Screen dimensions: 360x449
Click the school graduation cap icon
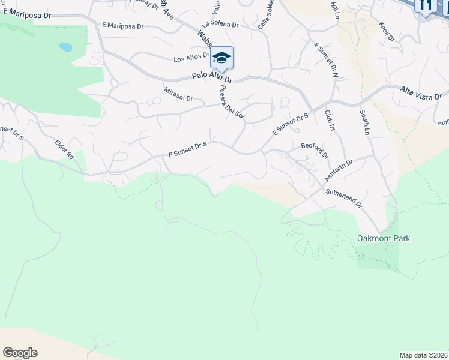click(x=221, y=58)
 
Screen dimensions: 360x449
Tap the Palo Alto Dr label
click(x=212, y=77)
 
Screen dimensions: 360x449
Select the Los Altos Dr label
click(x=191, y=59)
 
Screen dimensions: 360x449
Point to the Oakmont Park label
click(x=384, y=239)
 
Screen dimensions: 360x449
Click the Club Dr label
click(x=329, y=119)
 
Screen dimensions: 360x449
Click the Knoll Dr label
click(x=386, y=32)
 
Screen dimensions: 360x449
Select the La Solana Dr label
click(x=220, y=25)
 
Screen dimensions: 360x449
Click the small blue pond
click(x=65, y=46)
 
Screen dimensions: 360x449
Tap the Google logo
click(x=20, y=353)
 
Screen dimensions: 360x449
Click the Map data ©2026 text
click(x=423, y=355)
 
